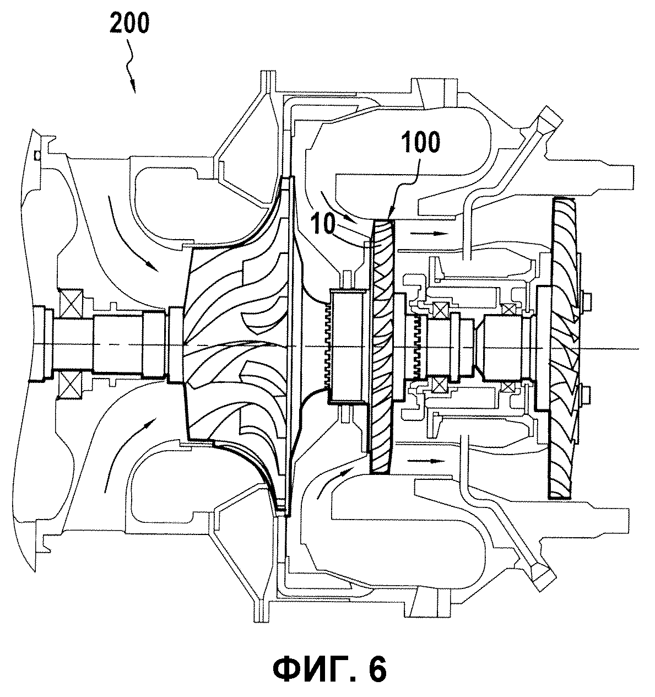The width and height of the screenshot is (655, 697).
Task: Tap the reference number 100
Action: click(x=421, y=142)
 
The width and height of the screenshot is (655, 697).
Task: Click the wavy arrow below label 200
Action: click(x=131, y=65)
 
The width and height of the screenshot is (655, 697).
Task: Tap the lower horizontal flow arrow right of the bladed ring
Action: click(x=425, y=461)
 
